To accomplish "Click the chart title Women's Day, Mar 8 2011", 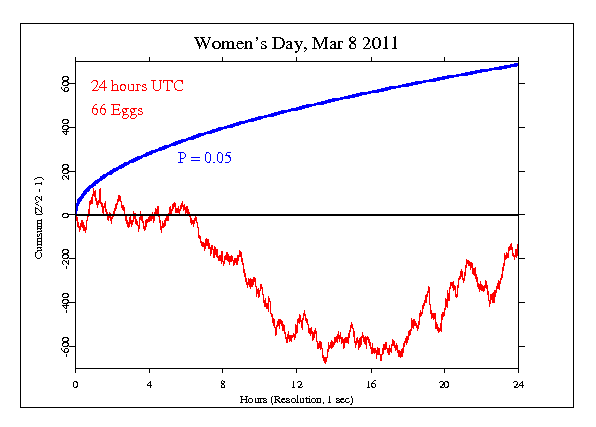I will (x=297, y=45).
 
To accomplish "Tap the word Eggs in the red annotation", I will (x=127, y=111).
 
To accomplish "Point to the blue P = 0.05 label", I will (x=205, y=157).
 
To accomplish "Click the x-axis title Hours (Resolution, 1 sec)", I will (x=297, y=399).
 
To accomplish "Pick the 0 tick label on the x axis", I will (x=75, y=384).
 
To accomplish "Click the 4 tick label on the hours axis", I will (x=149, y=384).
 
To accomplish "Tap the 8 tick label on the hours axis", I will (x=223, y=384).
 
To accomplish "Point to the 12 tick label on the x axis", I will (x=297, y=384).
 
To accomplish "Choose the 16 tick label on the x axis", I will (x=371, y=384).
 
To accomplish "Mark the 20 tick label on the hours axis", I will (x=445, y=384).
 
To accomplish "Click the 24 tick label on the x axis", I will (x=518, y=384).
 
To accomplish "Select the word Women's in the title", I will (x=227, y=45).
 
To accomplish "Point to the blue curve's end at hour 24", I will (x=517, y=64).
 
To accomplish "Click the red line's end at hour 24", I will (x=517, y=248).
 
